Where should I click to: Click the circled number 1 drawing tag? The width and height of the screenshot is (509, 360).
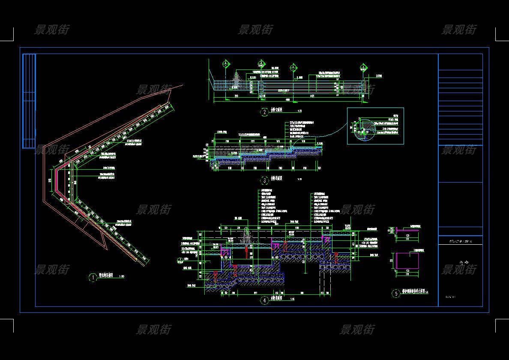[93, 278]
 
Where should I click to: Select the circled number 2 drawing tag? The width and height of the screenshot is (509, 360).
[264, 112]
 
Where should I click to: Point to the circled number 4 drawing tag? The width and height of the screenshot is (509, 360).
[264, 300]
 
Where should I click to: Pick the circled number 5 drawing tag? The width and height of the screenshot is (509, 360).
[396, 294]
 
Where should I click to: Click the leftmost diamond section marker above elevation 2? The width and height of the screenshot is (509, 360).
[226, 65]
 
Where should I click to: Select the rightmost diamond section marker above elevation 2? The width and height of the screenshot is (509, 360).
[363, 67]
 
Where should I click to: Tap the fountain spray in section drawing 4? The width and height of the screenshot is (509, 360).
[247, 237]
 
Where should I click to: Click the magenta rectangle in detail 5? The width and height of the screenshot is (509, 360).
[407, 261]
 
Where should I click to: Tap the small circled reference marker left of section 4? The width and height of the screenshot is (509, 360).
[179, 261]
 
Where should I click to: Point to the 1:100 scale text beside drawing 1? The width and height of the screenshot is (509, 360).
[121, 277]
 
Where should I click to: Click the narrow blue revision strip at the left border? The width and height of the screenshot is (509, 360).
[29, 101]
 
